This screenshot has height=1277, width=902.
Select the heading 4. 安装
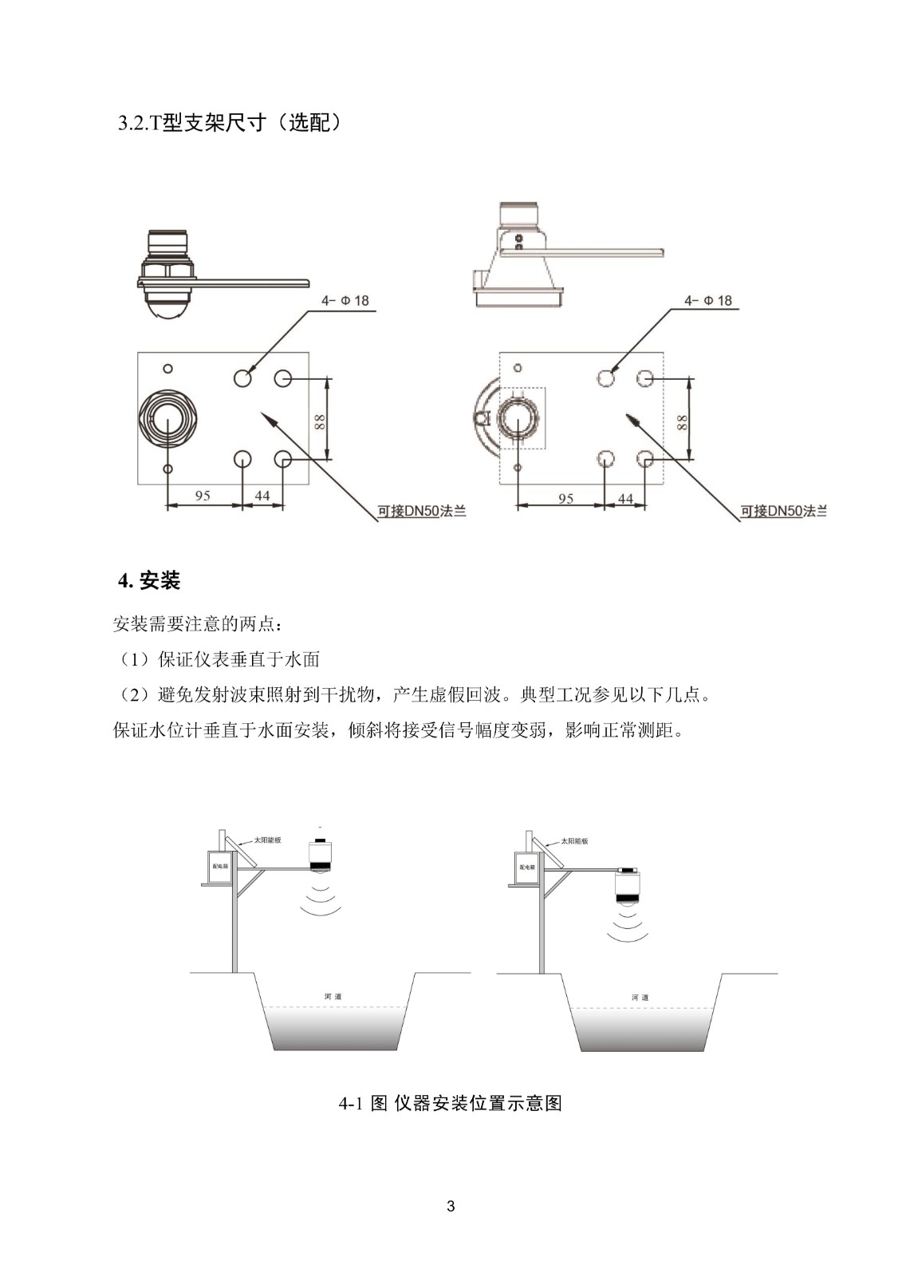pos(149,580)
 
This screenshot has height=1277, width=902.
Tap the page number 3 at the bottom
pos(451,1206)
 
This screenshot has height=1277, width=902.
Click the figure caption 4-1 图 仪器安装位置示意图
pos(451,1103)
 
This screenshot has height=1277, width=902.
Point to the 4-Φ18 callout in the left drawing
pos(345,301)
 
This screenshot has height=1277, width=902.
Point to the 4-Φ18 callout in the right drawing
pos(707,301)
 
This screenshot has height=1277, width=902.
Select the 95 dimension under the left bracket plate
pos(203,496)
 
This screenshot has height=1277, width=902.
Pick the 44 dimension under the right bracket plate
pos(625,499)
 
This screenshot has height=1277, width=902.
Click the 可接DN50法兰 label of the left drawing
pos(422,511)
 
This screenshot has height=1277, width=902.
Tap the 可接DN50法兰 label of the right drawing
pos(784,511)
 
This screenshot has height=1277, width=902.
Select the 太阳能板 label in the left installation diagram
pos(267,840)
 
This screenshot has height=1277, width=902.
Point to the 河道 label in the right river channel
pos(640,998)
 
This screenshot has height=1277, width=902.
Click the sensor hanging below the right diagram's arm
pos(630,888)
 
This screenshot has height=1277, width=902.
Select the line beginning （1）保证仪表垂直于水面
pos(217,659)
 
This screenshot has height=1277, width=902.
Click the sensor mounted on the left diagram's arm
pos(321,856)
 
